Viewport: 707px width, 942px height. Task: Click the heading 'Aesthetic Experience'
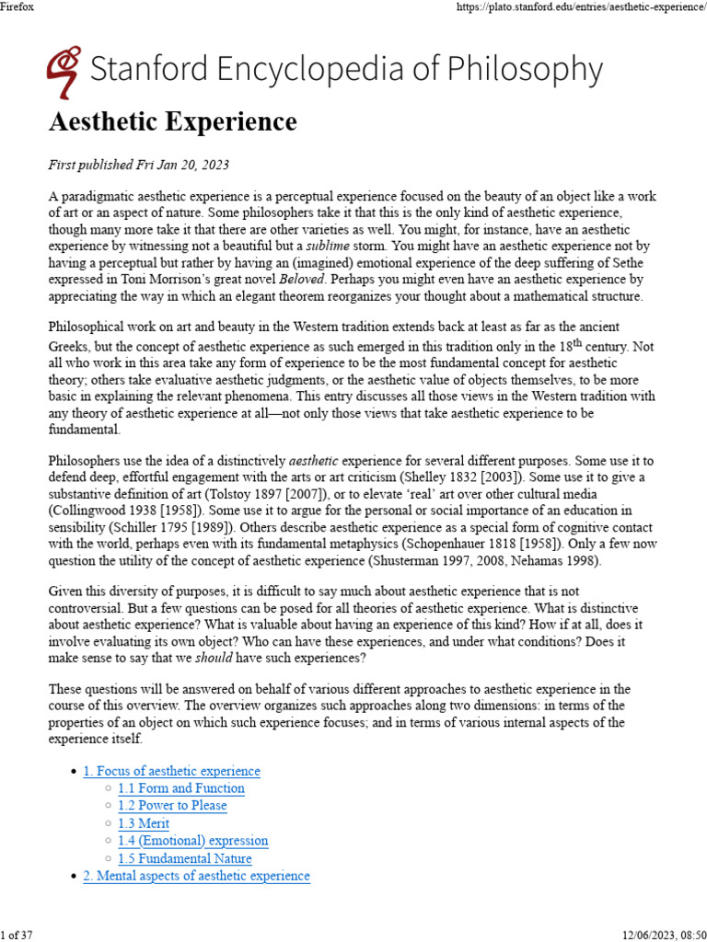point(172,122)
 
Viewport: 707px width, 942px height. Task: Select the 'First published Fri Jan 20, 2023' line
point(138,166)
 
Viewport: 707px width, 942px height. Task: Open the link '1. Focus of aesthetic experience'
point(171,771)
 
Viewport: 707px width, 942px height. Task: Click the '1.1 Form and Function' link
point(180,788)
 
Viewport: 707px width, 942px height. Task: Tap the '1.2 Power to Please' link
point(172,806)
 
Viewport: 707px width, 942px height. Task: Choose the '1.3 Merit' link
point(144,823)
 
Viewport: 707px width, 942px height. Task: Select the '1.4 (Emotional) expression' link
point(192,841)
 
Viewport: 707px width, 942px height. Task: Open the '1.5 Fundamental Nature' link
point(184,858)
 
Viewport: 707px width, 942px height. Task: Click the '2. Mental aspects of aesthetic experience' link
point(196,876)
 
